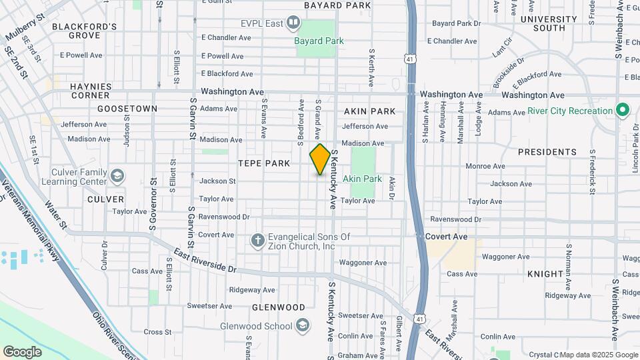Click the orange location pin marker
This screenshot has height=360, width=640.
320,160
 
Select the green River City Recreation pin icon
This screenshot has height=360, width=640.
623,110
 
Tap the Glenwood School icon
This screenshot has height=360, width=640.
303,326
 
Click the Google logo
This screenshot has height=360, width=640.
22,351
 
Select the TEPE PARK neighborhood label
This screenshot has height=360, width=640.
264,163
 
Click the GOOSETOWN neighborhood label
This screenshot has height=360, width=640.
127,108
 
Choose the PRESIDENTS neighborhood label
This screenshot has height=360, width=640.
547,152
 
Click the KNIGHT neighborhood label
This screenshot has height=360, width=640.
545,274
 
